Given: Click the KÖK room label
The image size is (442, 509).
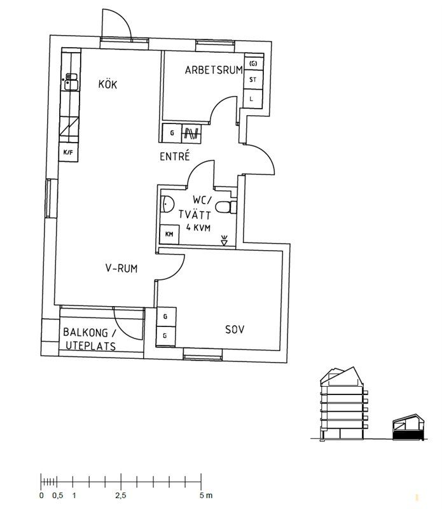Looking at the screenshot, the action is (x=107, y=84).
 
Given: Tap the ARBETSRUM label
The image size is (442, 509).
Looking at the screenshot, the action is (x=214, y=70).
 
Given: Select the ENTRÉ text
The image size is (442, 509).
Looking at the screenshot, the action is (x=175, y=156).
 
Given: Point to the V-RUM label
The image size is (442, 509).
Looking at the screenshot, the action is (x=121, y=268).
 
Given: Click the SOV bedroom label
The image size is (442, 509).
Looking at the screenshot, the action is (x=235, y=330).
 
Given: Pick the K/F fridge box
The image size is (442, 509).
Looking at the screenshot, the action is (x=69, y=152).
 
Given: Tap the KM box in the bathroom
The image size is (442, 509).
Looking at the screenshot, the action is (x=169, y=234).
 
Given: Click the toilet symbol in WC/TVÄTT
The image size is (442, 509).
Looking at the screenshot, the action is (x=226, y=207).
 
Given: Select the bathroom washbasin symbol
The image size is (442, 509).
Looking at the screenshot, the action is (x=167, y=204).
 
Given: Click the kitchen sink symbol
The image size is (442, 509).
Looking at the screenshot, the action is (x=71, y=82).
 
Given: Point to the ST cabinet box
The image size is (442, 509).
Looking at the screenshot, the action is (x=253, y=79).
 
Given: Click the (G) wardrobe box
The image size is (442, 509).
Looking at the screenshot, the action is (x=254, y=63).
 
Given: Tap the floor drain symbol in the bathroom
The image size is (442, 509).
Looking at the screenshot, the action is (x=224, y=241).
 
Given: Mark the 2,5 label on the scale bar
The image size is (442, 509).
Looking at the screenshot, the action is (x=121, y=496).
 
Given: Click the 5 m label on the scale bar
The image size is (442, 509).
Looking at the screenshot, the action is (x=206, y=496).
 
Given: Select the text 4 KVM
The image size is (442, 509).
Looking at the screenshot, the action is (x=198, y=227).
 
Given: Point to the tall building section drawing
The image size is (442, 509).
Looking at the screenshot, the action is (x=344, y=404).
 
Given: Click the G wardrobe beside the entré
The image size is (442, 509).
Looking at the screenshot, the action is (x=172, y=133).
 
